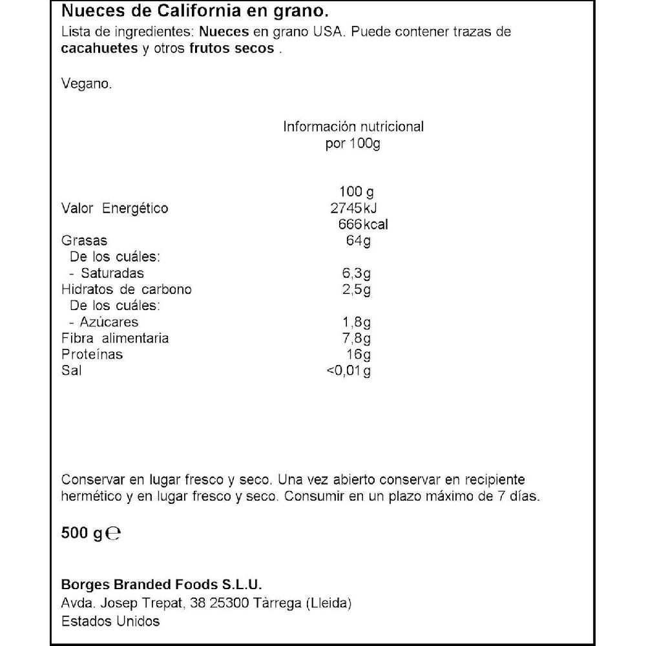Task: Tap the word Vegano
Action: (87, 83)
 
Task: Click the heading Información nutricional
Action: (353, 127)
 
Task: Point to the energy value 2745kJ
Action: (353, 208)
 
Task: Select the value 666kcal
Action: (362, 225)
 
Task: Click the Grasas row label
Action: (84, 241)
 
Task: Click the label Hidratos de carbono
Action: (126, 289)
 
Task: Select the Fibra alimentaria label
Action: (114, 338)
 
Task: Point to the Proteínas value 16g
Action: (360, 355)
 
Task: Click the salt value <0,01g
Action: (349, 371)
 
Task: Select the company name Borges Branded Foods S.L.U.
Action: (161, 585)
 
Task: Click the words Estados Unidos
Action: (110, 621)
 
